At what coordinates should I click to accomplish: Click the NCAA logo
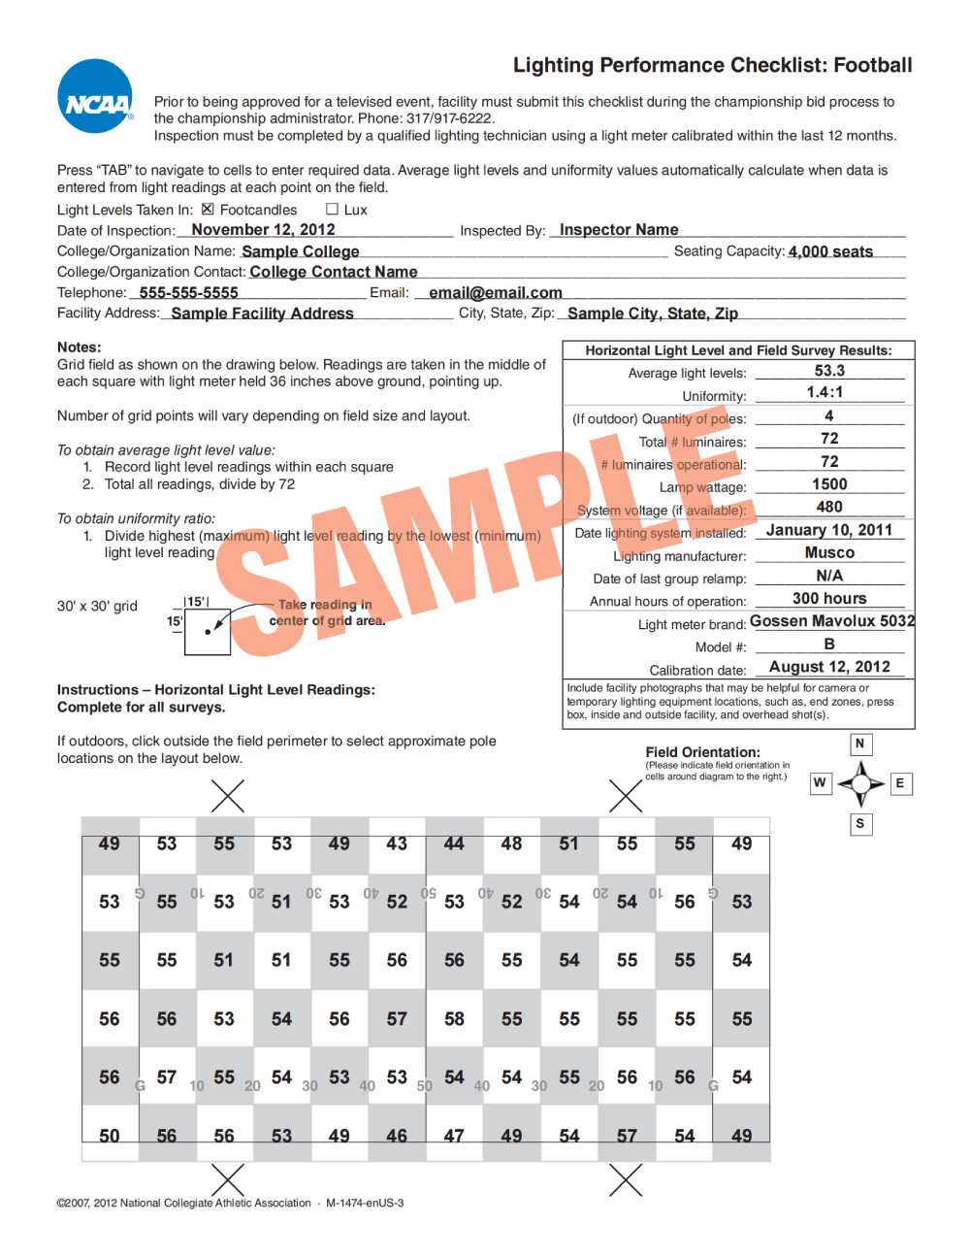point(96,97)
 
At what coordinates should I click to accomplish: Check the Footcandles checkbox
point(208,209)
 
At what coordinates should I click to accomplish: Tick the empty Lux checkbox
point(332,209)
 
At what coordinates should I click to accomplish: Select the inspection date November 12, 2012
point(263,230)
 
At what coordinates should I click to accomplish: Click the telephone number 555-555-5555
point(188,292)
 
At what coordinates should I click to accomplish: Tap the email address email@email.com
point(496,292)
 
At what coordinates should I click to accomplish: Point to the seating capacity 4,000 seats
point(830,251)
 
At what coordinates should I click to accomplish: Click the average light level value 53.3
point(829,371)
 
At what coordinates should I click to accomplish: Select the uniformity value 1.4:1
point(824,392)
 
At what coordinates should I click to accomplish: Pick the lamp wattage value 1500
point(829,483)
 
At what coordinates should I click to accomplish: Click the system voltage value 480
point(829,507)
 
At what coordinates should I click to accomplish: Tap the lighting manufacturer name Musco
point(829,552)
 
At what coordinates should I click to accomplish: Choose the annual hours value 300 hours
point(829,598)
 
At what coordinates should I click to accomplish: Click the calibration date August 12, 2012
point(829,667)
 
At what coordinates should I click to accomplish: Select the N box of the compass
point(859,744)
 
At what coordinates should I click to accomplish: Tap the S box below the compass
point(859,824)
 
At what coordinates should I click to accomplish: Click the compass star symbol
point(860,782)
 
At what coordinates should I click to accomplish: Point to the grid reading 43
point(397,844)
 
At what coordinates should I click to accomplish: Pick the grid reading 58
point(454,1019)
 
